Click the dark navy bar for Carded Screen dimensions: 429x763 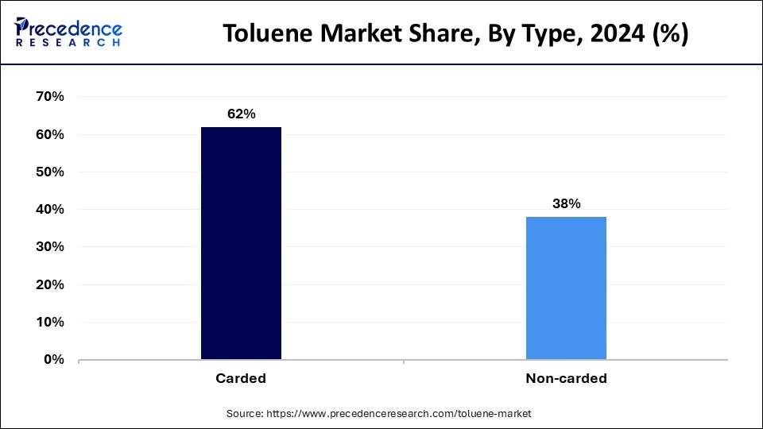coord(241,243)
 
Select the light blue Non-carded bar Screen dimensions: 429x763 coord(566,288)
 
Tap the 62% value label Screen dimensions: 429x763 coord(241,114)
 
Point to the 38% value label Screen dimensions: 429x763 coord(566,204)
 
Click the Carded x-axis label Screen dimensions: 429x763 coord(241,379)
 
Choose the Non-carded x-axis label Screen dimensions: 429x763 coord(566,379)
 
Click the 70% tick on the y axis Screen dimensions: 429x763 coord(50,97)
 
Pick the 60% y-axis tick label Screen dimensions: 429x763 coord(50,135)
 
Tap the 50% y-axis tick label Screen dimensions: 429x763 coord(50,172)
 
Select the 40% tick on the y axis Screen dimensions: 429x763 coord(50,210)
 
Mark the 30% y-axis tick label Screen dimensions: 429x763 coord(50,247)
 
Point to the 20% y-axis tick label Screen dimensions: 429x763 coord(50,285)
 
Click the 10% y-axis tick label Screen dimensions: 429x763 coord(50,323)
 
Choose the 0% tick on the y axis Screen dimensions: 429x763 coord(54,360)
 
